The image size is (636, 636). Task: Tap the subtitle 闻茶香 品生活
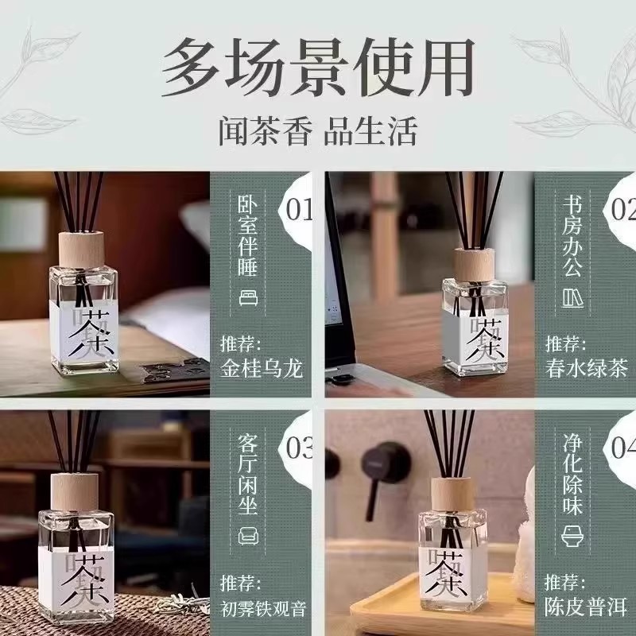click(x=318, y=131)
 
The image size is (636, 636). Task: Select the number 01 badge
click(x=299, y=210)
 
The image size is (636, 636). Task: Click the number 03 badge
click(x=299, y=449)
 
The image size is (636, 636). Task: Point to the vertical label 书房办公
click(x=572, y=234)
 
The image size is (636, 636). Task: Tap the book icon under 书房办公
click(x=572, y=298)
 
